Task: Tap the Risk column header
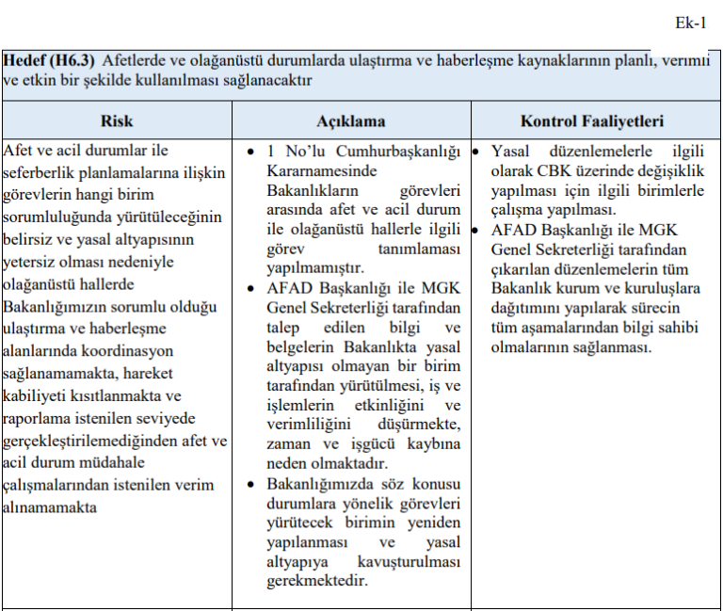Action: pyautogui.click(x=117, y=121)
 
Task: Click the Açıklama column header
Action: pyautogui.click(x=350, y=121)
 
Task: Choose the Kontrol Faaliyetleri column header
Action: pyautogui.click(x=592, y=121)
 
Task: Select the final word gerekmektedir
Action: pyautogui.click(x=316, y=581)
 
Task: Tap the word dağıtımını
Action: pyautogui.click(x=534, y=307)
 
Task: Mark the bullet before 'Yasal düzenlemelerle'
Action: pyautogui.click(x=477, y=152)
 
